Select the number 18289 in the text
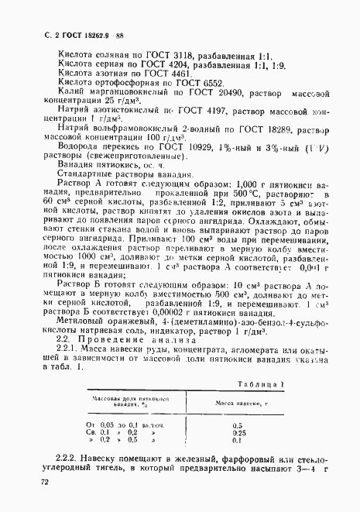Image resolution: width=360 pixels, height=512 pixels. click(264, 143)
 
